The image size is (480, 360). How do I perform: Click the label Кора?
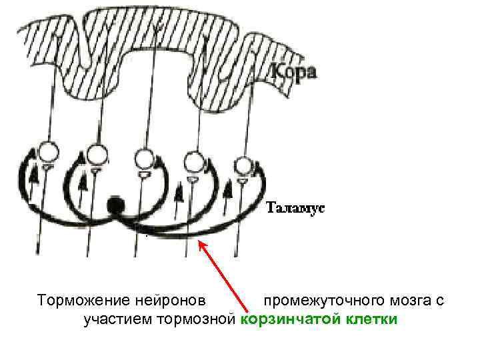(293, 72)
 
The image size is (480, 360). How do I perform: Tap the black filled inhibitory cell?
(117, 205)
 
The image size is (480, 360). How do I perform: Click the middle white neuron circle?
(145, 159)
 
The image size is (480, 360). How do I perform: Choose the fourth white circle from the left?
(194, 161)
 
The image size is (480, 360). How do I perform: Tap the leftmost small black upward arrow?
(33, 178)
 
